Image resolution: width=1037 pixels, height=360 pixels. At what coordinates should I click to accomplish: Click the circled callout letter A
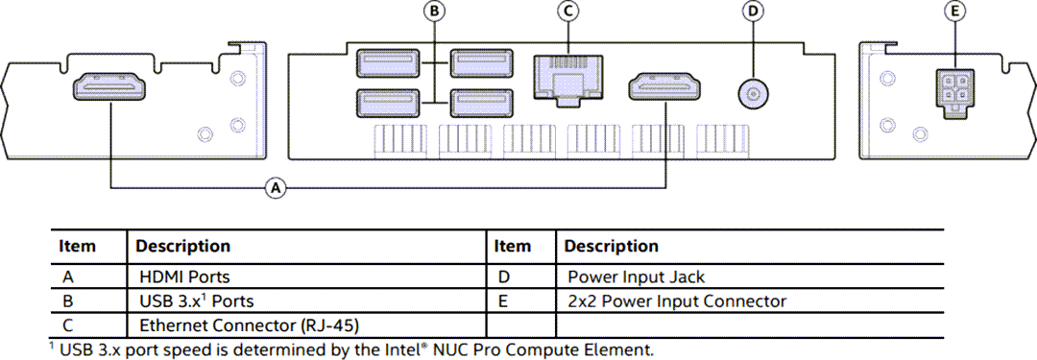pos(276,189)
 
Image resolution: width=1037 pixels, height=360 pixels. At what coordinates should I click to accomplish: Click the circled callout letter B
pos(435,12)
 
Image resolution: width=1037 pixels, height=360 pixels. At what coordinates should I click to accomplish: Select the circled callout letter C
pos(568,12)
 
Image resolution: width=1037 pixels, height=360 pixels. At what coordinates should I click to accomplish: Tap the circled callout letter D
pos(753,12)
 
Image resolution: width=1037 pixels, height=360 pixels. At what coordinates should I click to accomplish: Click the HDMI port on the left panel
pos(109,89)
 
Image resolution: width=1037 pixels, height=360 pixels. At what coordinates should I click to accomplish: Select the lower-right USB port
pos(478,101)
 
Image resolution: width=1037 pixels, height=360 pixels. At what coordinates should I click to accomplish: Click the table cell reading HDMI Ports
pos(184,277)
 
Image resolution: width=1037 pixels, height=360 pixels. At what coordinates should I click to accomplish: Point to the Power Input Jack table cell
pos(636,277)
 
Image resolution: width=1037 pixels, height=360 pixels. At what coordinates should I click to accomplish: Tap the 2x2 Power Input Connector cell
pos(677,301)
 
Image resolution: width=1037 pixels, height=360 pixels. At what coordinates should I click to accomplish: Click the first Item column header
pos(78,247)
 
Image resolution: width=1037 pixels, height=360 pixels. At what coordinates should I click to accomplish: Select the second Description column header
pos(611,247)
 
